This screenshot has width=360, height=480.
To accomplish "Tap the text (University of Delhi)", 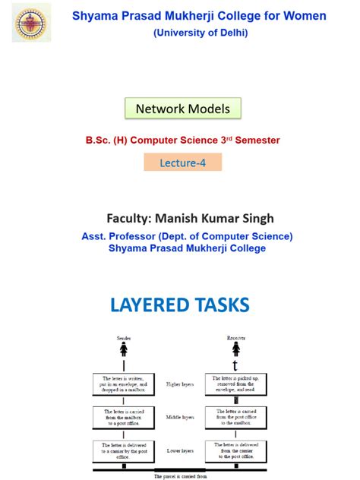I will point(200,33).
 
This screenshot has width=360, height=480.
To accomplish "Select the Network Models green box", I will point(182,109).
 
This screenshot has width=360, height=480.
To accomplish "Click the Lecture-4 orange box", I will point(182,162).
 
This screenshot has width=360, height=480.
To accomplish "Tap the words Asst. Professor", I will point(123,236).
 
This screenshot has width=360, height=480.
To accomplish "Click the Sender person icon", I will point(124,349).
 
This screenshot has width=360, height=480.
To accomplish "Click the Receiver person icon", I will point(236,349).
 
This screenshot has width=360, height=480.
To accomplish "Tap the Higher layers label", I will point(179,384).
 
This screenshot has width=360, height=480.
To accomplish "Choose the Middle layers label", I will point(179,418).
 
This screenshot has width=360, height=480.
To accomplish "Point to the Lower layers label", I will point(179,450).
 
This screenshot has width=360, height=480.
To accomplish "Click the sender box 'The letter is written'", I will point(124,384).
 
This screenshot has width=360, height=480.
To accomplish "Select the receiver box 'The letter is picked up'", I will point(236,384).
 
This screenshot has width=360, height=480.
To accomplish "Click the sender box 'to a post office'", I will point(124,417).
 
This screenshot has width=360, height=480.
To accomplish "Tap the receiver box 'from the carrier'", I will point(236,450).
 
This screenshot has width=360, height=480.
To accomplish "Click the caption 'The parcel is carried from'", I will point(179,475).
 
